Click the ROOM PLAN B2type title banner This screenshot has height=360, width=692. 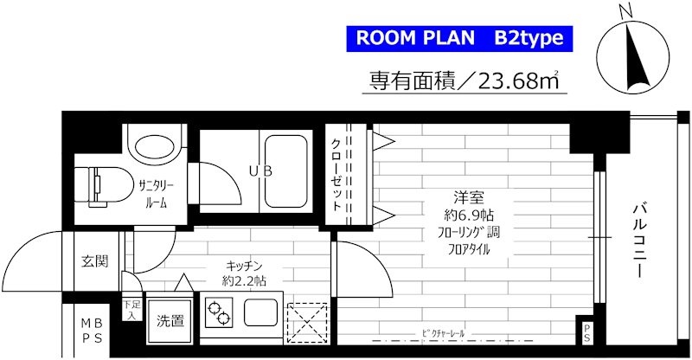coord(459,39)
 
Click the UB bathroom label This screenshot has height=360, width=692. coord(262,170)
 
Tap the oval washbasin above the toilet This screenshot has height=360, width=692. coord(153,145)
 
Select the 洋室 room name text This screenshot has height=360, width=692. coord(458,196)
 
